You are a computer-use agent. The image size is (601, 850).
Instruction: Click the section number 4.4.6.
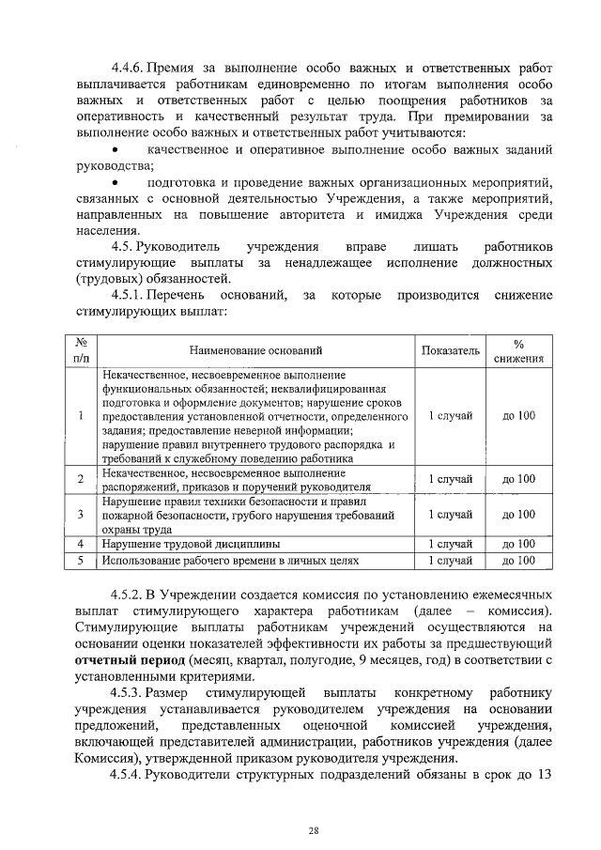tap(129, 69)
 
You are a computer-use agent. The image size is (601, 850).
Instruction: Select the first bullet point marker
tap(114, 151)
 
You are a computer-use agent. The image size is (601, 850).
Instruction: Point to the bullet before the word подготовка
tap(114, 184)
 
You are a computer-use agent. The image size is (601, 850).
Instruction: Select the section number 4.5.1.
tap(131, 297)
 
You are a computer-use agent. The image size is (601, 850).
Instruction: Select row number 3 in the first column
tap(81, 515)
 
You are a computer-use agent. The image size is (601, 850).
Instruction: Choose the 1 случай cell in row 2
tap(450, 479)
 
